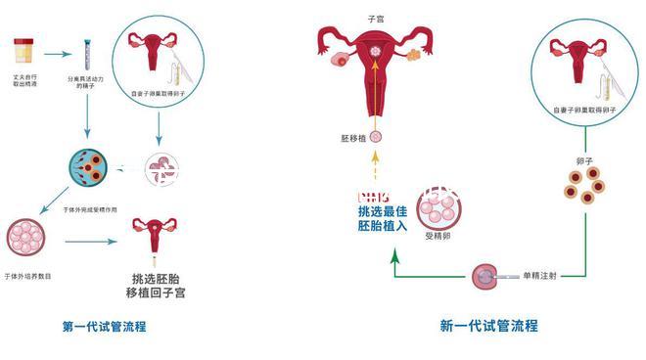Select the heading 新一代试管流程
point(488,326)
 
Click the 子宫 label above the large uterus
point(375,18)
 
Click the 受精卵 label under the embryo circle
point(437,236)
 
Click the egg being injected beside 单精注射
point(483,277)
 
